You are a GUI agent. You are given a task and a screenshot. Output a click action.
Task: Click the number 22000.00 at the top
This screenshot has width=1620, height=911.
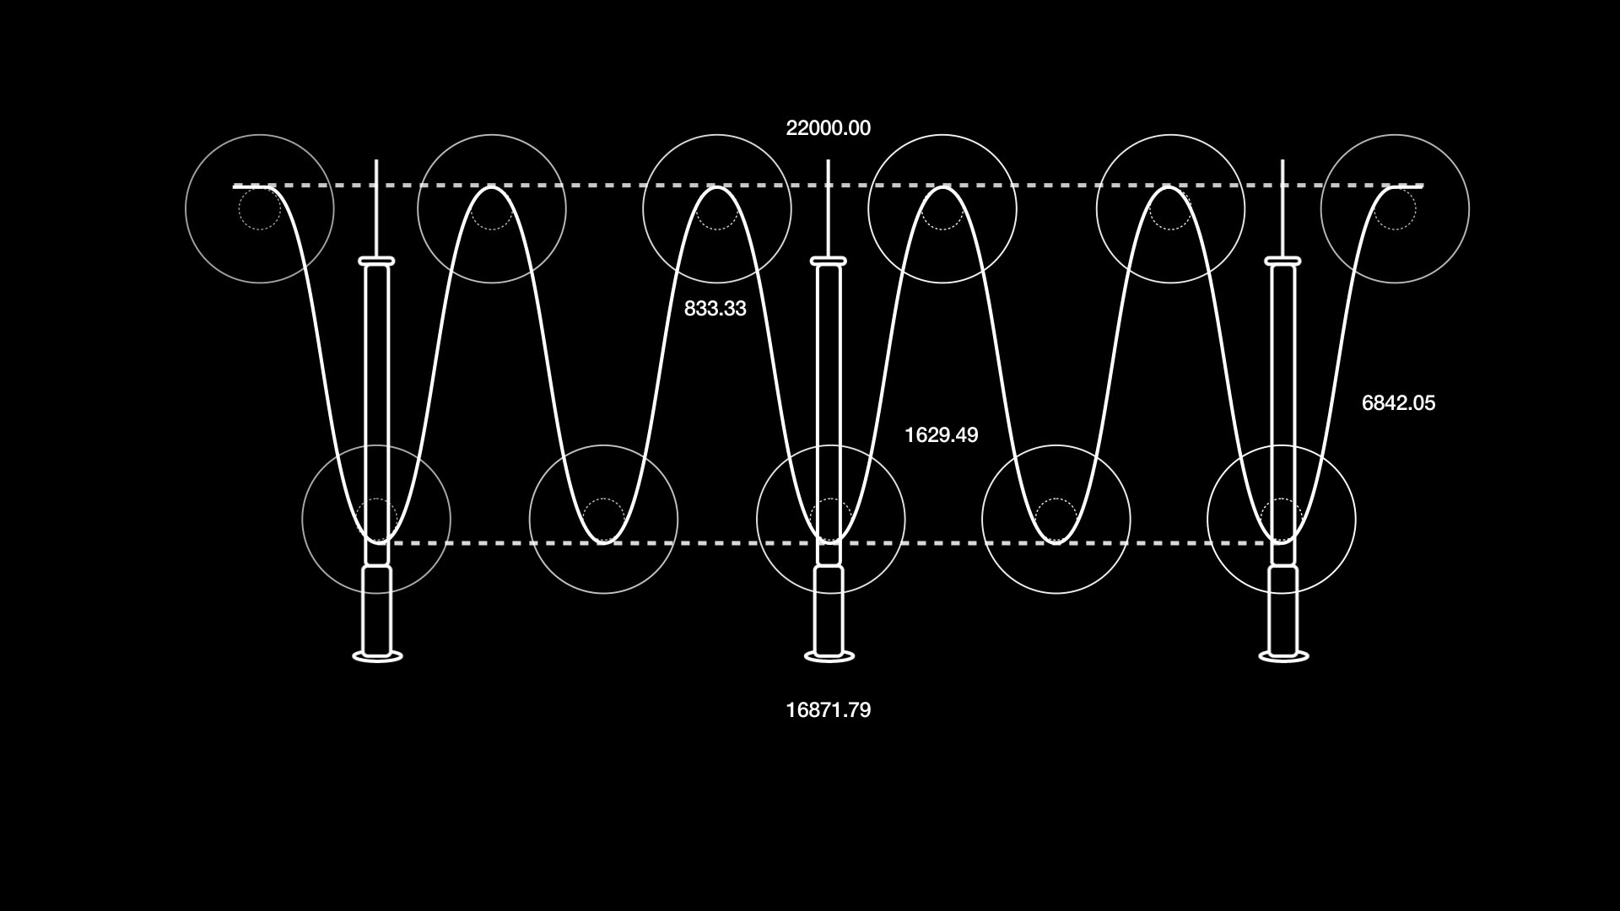tap(828, 128)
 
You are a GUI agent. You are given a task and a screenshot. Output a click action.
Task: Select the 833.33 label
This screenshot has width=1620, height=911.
tap(715, 309)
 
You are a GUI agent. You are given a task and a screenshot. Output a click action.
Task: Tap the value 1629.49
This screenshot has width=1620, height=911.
tap(941, 435)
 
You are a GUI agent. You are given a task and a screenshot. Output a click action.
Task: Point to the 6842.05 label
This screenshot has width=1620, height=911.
tap(1398, 403)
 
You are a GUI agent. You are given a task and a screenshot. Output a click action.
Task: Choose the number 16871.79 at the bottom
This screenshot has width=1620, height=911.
tap(828, 710)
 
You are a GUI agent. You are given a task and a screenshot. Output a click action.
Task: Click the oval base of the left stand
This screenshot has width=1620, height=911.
tap(377, 656)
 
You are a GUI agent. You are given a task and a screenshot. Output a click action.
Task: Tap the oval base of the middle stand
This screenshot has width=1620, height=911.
tap(829, 656)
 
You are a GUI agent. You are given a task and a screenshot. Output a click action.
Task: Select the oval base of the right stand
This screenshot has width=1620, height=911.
tap(1283, 656)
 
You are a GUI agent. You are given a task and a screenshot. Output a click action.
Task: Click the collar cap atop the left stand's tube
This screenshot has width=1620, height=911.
tap(377, 261)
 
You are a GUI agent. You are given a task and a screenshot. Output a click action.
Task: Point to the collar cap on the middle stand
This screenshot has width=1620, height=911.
tap(829, 261)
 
